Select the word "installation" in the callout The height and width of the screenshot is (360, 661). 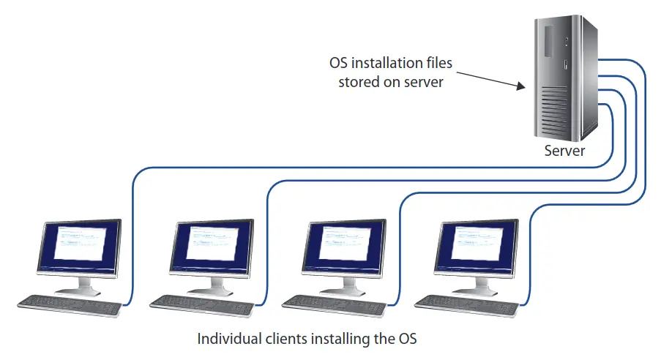[389, 64]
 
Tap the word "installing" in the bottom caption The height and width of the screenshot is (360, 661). [333, 340]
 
